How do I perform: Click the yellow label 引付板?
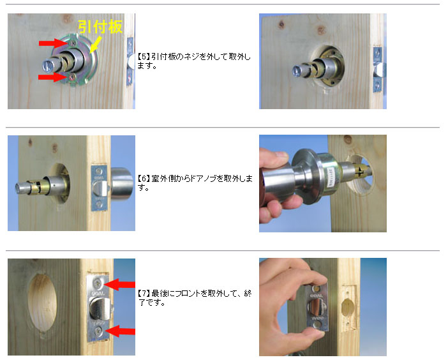[100, 27]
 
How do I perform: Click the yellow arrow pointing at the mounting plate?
[96, 44]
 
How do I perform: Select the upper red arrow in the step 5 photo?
[54, 43]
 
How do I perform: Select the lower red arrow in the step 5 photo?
[54, 77]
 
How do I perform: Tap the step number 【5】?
[144, 57]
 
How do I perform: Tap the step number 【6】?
[144, 179]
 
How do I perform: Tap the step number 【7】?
[144, 293]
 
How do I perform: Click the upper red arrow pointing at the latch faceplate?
[119, 285]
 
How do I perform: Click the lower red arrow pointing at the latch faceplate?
[120, 331]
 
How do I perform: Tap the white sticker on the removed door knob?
[331, 177]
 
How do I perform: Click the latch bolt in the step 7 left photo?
[100, 308]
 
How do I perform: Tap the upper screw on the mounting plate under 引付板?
[73, 43]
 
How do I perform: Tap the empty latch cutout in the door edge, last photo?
[348, 308]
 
